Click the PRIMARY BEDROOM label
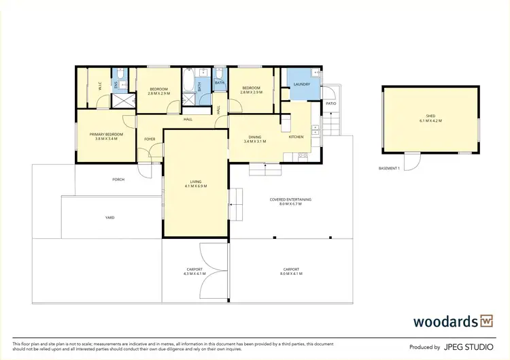pos(106,134)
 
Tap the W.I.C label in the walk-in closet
pos(99,86)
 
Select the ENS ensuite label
pos(116,84)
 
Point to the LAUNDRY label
pos(301,84)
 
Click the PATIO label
pos(330,103)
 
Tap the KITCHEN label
pos(296,137)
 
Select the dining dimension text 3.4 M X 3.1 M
pos(254,142)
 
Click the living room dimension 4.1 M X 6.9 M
pos(195,186)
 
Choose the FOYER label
pos(149,139)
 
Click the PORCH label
pos(118,180)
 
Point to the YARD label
pos(109,218)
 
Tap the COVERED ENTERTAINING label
pos(290,199)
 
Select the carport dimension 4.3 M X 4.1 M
pos(194,274)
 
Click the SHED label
pos(430,116)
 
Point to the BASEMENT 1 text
pos(389,168)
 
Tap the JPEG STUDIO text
pos(469,346)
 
